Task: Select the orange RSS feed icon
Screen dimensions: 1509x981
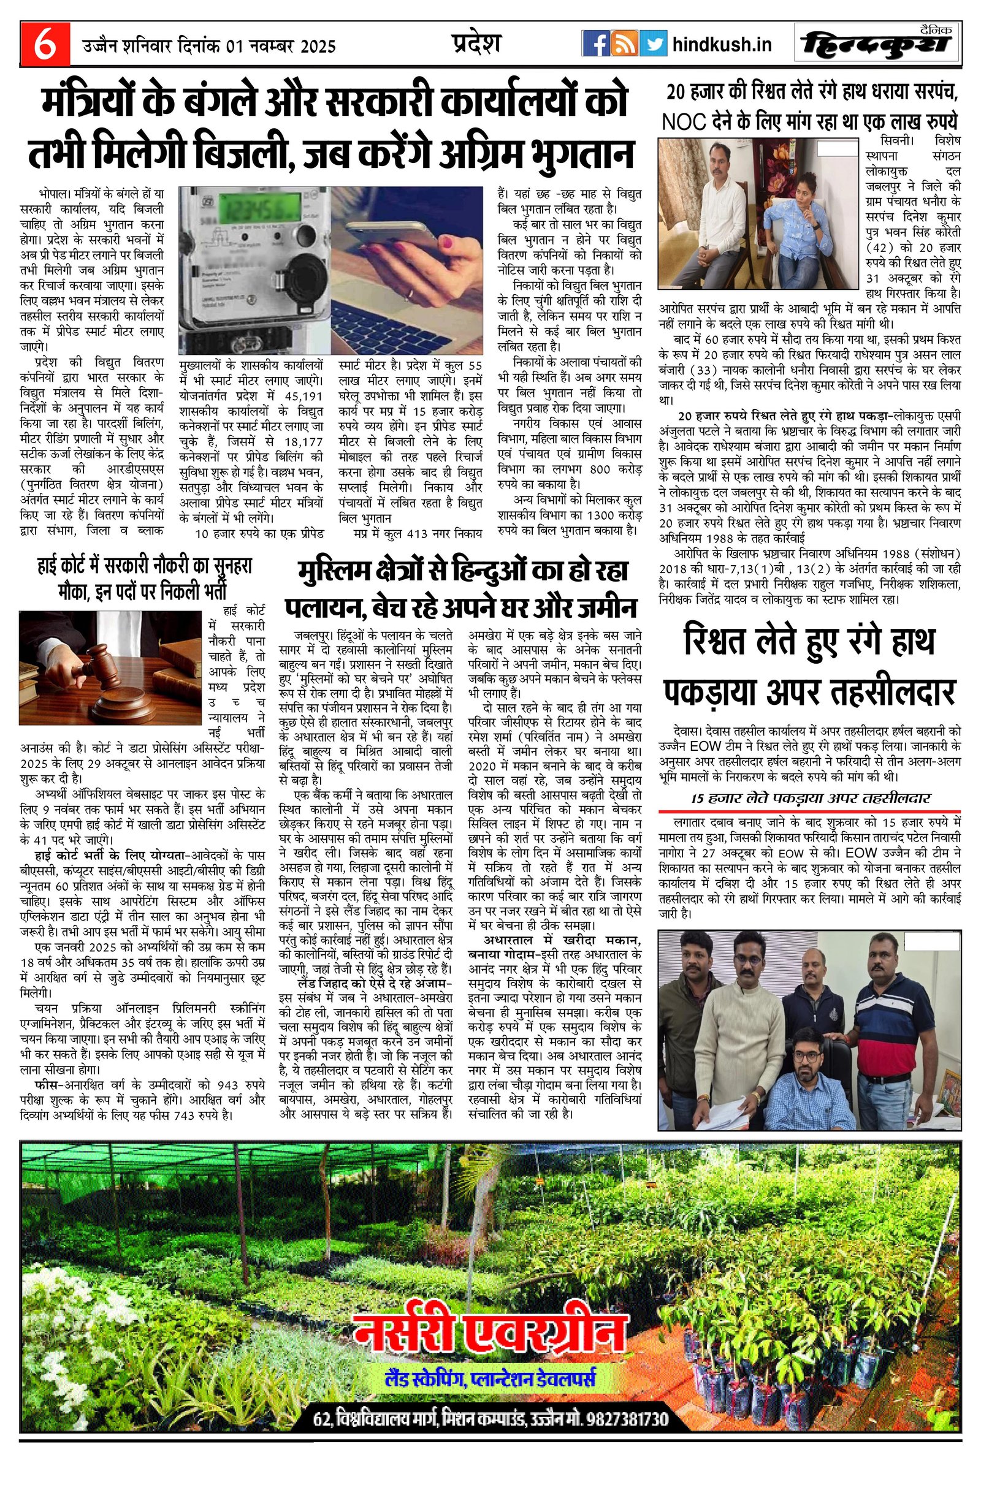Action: [x=625, y=44]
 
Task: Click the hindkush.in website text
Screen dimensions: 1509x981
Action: [x=722, y=45]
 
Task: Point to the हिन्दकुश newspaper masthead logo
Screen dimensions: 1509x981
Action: [x=877, y=44]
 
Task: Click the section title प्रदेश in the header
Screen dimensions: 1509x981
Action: [x=476, y=43]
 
